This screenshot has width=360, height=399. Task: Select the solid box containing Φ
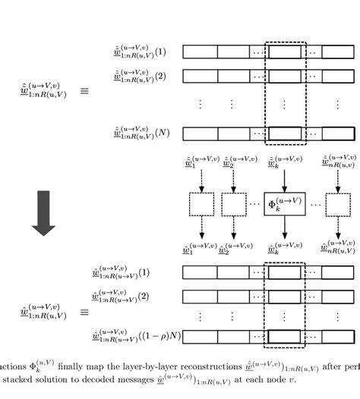(x=283, y=204)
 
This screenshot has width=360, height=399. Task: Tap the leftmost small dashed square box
(x=202, y=204)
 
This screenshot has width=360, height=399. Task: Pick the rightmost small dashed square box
(x=337, y=204)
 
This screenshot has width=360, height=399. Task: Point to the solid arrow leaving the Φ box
(x=283, y=228)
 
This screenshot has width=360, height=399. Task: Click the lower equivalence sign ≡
(x=84, y=312)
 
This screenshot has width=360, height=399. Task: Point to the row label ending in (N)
(x=140, y=134)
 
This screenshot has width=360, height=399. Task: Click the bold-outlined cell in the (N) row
(x=284, y=134)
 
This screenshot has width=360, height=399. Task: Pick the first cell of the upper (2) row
(x=200, y=76)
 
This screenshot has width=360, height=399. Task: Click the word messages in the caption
(x=134, y=380)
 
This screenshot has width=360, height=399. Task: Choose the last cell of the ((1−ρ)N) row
(x=337, y=337)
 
